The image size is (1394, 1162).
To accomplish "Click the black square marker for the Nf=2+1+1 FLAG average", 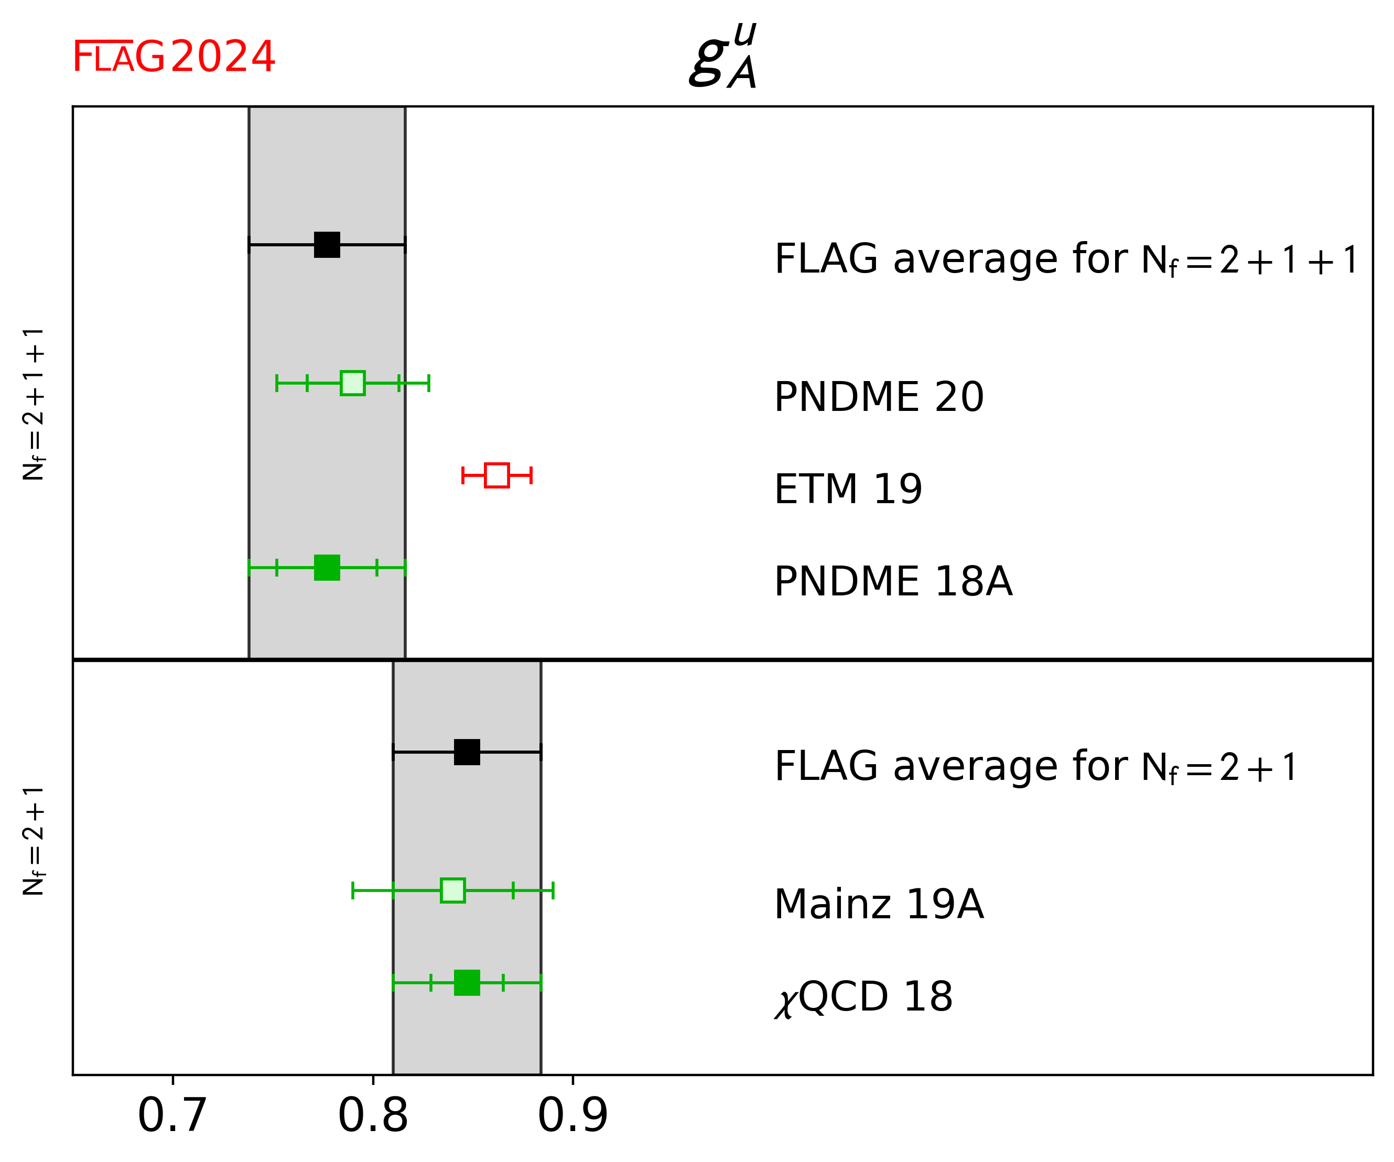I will tap(327, 245).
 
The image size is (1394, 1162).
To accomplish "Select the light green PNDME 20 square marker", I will tap(352, 383).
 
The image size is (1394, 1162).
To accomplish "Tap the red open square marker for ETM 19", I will tap(496, 475).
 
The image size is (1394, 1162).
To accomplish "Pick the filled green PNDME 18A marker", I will tap(327, 568).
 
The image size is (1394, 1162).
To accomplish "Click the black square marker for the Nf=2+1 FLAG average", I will tap(467, 752).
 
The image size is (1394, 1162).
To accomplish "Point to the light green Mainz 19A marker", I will tap(453, 890).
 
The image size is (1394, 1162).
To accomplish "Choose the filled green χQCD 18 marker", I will tap(467, 982).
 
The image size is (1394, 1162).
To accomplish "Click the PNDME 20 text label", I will tap(878, 397).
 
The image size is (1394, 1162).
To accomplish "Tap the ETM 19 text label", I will tap(848, 489).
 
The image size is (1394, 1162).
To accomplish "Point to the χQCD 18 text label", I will tap(863, 997).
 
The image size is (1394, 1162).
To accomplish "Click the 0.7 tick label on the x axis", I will tap(172, 1116).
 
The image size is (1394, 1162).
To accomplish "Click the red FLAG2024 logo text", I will tap(173, 57).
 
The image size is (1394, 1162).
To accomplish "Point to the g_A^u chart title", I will tap(723, 57).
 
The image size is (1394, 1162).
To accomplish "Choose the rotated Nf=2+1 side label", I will tap(33, 841).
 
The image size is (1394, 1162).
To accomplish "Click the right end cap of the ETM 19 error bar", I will tap(531, 475).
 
